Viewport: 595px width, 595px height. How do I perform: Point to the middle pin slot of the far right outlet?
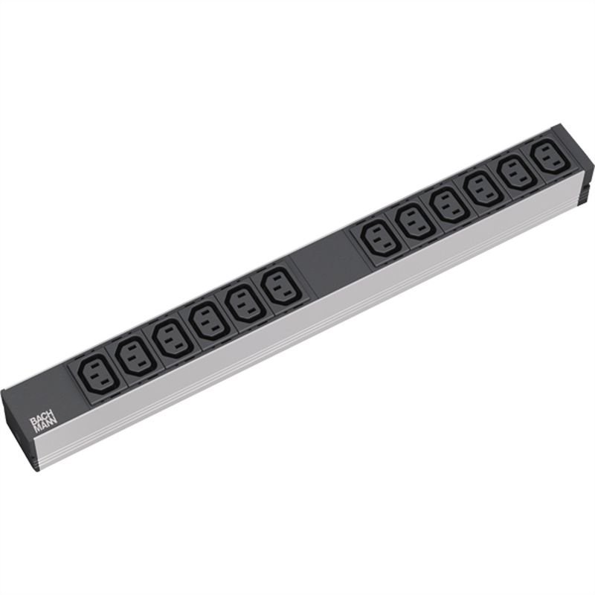(547, 157)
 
